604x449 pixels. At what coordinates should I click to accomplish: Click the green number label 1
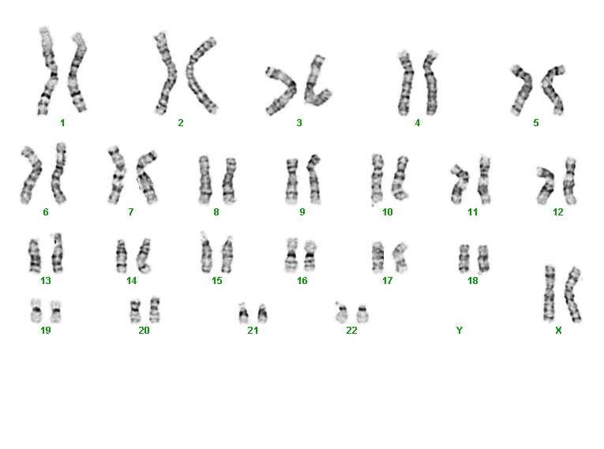point(62,123)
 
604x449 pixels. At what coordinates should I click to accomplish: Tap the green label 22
point(351,331)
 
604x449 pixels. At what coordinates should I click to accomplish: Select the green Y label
point(460,331)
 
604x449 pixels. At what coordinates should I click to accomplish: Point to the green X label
point(558,331)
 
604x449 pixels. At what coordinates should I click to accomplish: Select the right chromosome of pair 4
point(431,83)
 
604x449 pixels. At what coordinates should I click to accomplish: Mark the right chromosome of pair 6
point(58,174)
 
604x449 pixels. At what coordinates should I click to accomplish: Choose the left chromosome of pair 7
point(118,175)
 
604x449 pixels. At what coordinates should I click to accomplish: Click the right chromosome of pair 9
point(314,179)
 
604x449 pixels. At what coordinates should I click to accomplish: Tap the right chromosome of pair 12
point(570,181)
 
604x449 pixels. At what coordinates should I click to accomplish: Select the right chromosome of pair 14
point(144,256)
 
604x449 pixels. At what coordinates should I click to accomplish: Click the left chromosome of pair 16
point(291,255)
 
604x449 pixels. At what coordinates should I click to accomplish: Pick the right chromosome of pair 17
point(400,257)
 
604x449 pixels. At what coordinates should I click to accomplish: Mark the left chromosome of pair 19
point(36,311)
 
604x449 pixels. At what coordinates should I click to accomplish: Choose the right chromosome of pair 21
point(262,313)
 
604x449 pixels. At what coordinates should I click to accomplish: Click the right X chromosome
point(572,294)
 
